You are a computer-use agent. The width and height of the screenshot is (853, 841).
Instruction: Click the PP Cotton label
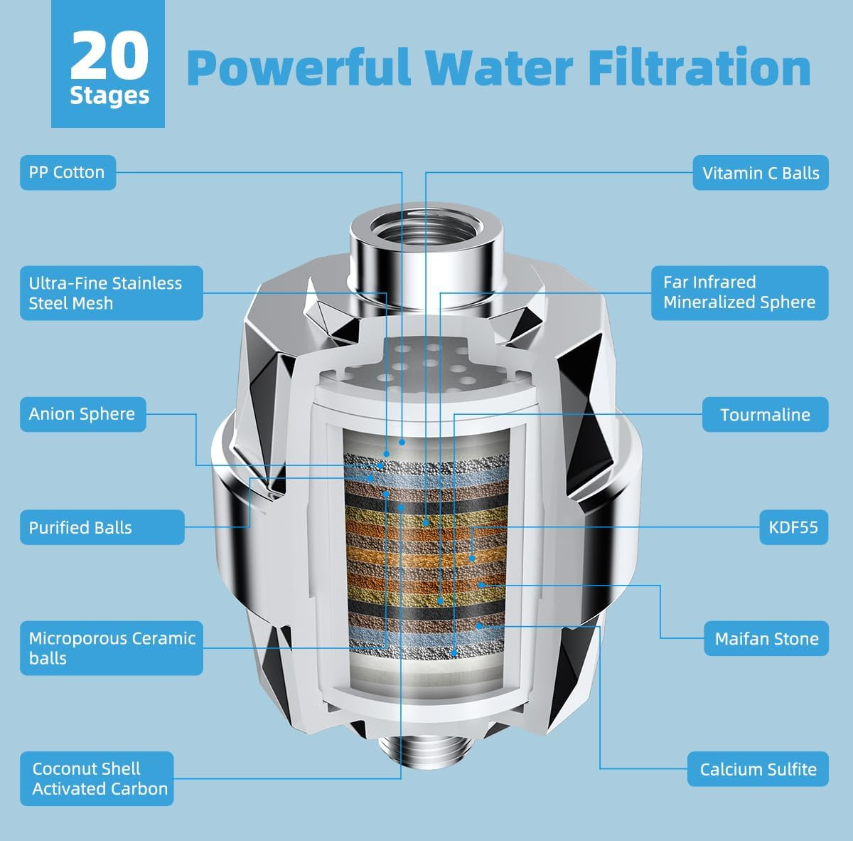coord(68,172)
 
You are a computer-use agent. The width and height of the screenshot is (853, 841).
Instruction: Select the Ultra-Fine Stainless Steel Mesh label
coord(111,293)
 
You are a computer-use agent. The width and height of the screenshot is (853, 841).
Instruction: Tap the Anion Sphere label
coord(82,414)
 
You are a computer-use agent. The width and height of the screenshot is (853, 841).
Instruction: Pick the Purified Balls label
coord(102,527)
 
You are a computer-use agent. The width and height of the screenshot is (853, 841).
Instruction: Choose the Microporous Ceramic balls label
coord(111,648)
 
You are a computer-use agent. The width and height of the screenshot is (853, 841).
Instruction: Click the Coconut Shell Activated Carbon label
coord(97,778)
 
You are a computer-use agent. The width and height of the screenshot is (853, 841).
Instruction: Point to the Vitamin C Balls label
coord(761,173)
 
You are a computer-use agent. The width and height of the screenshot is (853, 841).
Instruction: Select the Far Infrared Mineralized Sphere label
coord(740,293)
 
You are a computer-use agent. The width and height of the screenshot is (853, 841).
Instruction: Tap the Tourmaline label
coord(766,414)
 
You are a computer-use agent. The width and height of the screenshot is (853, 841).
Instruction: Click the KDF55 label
coord(794,527)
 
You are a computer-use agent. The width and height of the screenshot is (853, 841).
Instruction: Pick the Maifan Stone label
coord(766,638)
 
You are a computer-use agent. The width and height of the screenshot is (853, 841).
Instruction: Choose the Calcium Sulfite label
coord(758,769)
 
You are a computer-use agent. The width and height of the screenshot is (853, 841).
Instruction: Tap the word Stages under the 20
coord(109,96)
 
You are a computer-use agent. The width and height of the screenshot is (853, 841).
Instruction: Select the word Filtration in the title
coord(699,67)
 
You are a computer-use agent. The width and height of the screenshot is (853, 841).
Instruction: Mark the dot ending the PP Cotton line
coord(402,442)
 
